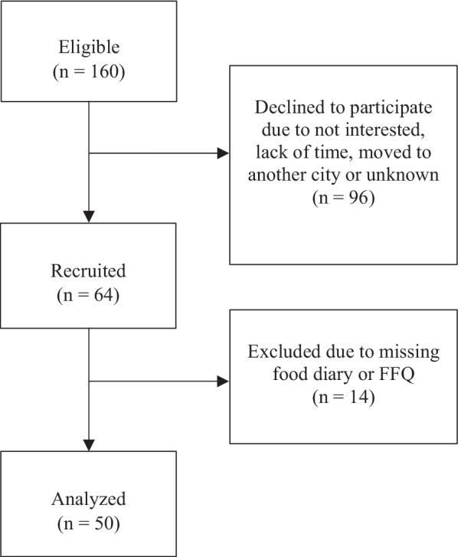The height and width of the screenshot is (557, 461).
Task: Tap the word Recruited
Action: (x=89, y=272)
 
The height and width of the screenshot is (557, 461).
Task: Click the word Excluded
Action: (x=283, y=354)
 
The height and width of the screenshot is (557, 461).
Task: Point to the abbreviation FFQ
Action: (x=377, y=375)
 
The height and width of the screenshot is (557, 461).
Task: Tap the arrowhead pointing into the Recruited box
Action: (x=89, y=215)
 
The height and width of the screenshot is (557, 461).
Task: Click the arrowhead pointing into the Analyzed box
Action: (x=89, y=445)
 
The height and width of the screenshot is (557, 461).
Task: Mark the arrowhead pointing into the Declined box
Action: (x=223, y=153)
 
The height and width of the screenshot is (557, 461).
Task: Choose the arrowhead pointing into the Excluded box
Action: (x=223, y=381)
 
